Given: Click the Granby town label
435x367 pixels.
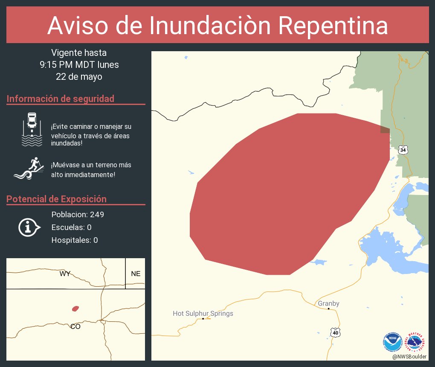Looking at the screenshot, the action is pos(328,303).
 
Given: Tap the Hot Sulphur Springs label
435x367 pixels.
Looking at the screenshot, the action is pos(203,314).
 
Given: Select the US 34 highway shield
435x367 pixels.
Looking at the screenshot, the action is pos(403,150).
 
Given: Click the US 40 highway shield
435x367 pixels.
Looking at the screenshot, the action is pos(336,332).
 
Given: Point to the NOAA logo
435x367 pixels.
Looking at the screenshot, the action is pos(392,342).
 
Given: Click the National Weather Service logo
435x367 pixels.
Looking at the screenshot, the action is pos(416,342).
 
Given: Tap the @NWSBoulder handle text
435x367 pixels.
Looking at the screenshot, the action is pos(409,356).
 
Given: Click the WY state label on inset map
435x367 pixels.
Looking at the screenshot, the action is pos(65,274).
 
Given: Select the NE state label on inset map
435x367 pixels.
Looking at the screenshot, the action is pos(136,274).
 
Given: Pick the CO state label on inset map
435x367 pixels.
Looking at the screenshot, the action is pos(75,326).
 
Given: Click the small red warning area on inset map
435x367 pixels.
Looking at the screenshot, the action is pos(75,308).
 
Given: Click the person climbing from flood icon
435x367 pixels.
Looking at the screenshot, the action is pos(29,169).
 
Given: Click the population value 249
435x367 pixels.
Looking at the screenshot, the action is pos(97,214).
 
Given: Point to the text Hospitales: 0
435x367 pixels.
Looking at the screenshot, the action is pos(75,240).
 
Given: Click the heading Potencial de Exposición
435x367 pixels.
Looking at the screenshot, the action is pos(56,199).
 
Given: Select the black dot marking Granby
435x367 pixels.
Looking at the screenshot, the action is pos(328,309).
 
